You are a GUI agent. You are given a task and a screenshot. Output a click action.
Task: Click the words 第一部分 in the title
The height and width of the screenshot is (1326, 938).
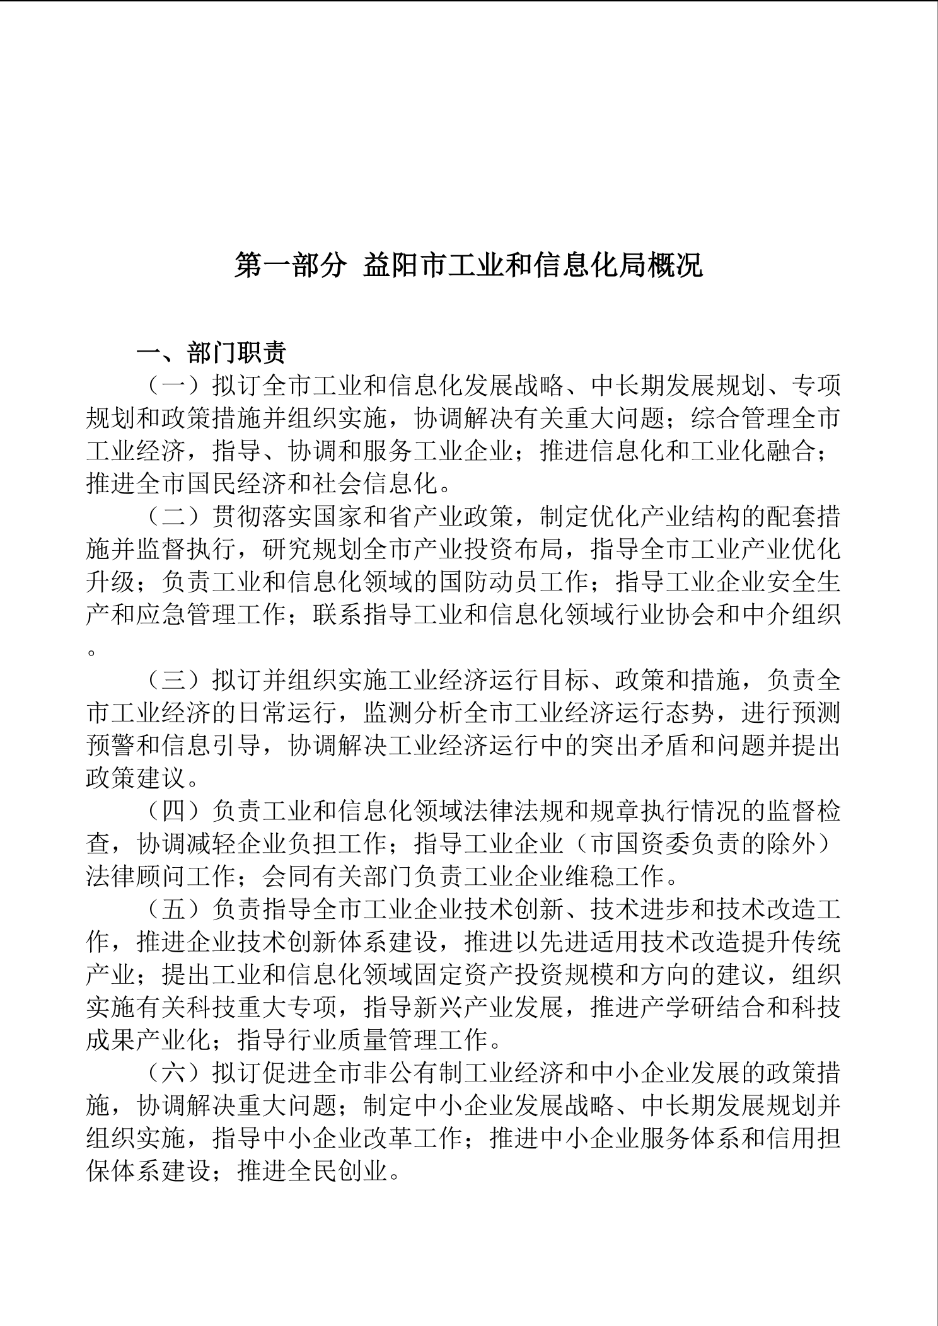(x=291, y=265)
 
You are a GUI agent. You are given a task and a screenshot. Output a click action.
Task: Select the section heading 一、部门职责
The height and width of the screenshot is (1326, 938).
(x=212, y=353)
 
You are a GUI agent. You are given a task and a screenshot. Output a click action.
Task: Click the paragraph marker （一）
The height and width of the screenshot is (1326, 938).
(x=175, y=385)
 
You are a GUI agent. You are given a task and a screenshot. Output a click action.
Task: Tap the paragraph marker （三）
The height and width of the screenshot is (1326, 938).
(x=175, y=681)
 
